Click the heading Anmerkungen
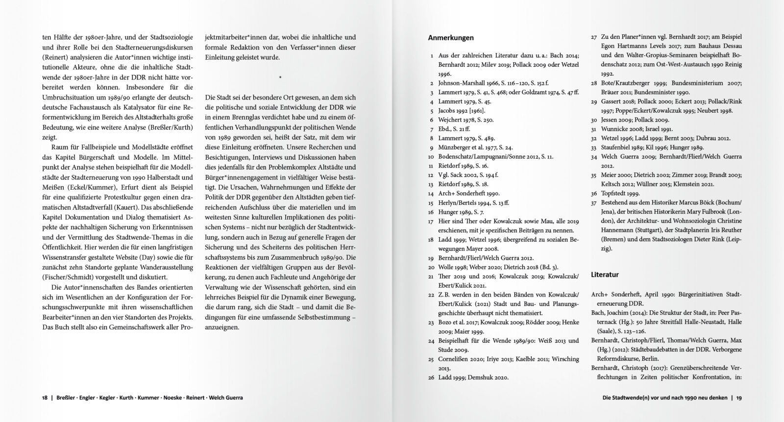(451, 38)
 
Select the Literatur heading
(605, 274)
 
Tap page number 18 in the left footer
(44, 397)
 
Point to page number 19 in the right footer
(738, 397)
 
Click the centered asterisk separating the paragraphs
(280, 77)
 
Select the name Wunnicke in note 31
(616, 129)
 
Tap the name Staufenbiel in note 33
(618, 148)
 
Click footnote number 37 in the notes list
(593, 203)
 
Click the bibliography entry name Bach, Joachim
(612, 313)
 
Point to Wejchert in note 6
(451, 120)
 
